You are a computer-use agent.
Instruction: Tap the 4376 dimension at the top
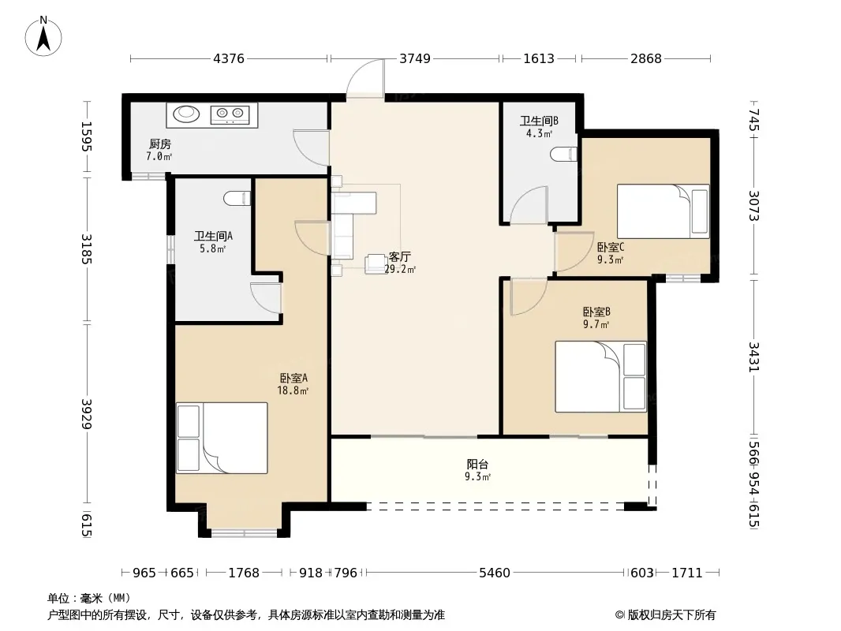click(x=229, y=58)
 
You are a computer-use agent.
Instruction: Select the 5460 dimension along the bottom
click(x=494, y=573)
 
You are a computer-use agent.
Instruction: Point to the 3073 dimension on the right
click(x=754, y=205)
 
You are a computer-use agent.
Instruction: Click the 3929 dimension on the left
click(x=87, y=413)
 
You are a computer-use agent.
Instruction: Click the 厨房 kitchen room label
click(x=160, y=144)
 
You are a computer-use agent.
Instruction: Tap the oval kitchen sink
click(x=186, y=114)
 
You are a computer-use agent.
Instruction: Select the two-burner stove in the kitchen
click(x=230, y=114)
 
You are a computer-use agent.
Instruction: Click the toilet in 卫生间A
click(x=237, y=198)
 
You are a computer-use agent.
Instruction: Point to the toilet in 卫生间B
click(x=564, y=154)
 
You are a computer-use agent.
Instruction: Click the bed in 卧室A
click(x=222, y=438)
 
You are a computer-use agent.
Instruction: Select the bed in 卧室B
click(x=600, y=377)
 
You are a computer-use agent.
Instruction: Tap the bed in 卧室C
click(x=663, y=211)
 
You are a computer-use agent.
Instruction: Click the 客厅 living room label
click(x=399, y=257)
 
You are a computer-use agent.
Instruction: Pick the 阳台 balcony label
click(x=477, y=465)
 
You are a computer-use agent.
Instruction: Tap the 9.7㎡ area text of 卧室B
click(x=596, y=324)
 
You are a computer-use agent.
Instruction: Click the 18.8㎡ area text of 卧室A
click(x=293, y=390)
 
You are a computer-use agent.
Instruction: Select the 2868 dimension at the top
click(x=646, y=58)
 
